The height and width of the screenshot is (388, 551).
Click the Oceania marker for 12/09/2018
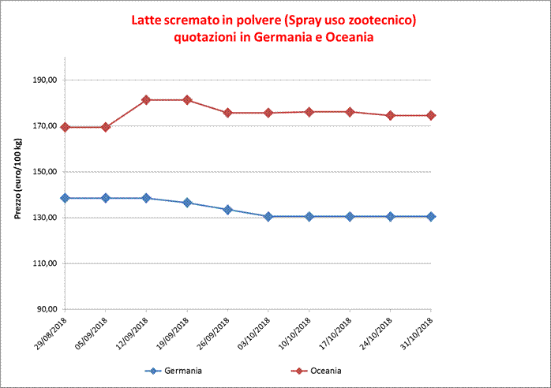tap(146, 100)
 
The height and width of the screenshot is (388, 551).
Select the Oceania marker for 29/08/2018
tap(65, 127)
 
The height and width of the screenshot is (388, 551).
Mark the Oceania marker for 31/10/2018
tap(431, 115)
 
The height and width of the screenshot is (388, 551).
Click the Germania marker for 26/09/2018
tap(227, 210)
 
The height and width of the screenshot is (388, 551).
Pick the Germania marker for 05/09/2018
tap(106, 198)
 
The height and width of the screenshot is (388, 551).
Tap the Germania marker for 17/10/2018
tap(350, 216)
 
